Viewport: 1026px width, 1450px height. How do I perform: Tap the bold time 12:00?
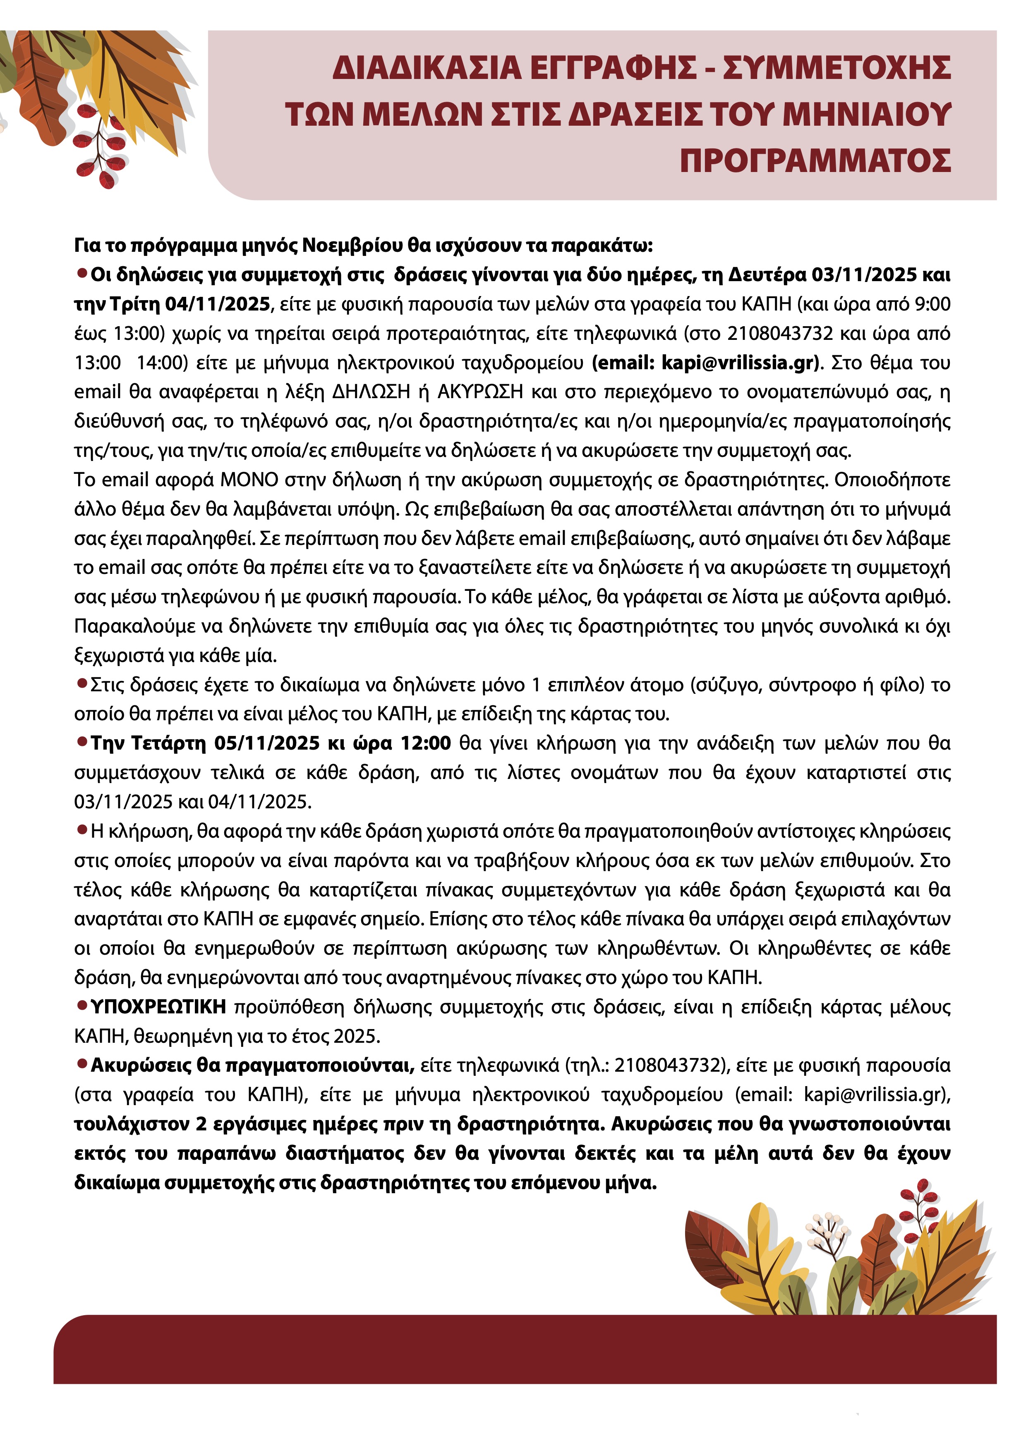click(x=426, y=743)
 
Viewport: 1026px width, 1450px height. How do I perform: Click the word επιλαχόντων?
click(x=904, y=919)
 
